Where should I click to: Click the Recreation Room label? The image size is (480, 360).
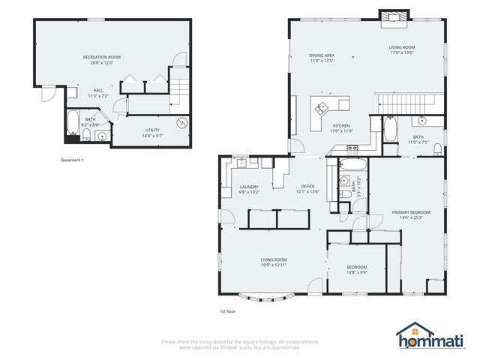click(x=101, y=57)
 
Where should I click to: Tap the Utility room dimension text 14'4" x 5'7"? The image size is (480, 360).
click(x=151, y=136)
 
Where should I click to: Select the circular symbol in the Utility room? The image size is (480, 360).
click(x=181, y=123)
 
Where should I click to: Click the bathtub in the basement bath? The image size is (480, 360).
click(x=71, y=125)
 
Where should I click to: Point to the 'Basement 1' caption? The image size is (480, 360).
click(x=72, y=160)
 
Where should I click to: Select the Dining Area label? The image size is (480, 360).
click(x=321, y=55)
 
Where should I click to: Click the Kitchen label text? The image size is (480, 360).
click(x=341, y=125)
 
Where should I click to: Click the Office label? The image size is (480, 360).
click(x=308, y=186)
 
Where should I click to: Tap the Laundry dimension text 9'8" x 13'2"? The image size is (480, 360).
click(x=249, y=192)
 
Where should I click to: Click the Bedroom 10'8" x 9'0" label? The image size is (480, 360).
click(x=356, y=268)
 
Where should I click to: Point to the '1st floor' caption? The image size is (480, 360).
click(x=227, y=310)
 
